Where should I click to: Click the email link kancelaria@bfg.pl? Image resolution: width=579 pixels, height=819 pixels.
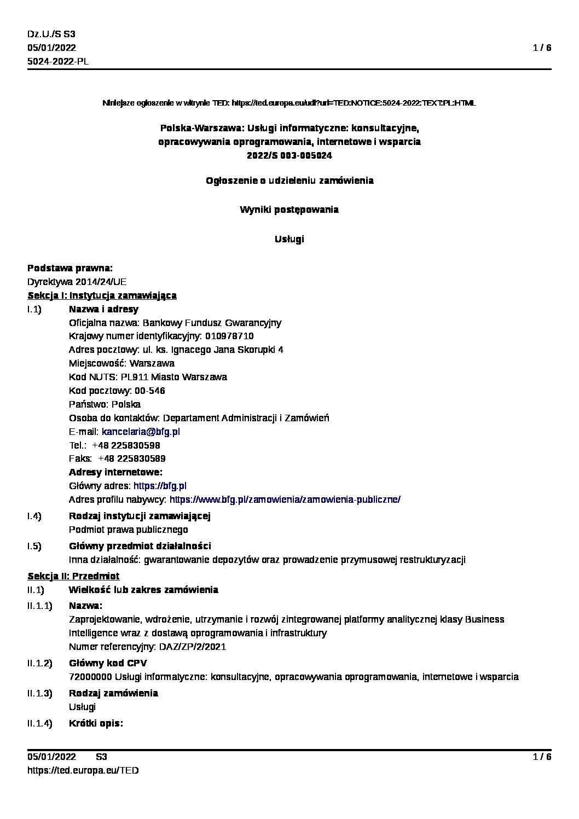coord(141,432)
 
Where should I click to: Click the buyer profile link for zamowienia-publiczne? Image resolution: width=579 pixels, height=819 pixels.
coord(285,499)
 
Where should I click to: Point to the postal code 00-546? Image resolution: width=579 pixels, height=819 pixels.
coord(149,391)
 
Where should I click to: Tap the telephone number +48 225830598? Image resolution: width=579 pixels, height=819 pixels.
coord(126,445)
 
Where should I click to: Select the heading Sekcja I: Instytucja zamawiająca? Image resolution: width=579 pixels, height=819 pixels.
coord(102,295)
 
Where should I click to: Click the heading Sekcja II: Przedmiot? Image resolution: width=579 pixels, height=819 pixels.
coord(73,576)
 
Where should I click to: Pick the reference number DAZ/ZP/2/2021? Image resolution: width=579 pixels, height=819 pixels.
coord(193,647)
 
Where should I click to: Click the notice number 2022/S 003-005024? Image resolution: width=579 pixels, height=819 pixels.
coord(289,155)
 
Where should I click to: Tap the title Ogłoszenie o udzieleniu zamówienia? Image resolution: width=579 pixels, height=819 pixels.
coord(289,181)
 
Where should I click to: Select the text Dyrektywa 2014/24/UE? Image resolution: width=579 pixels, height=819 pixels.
coord(77,282)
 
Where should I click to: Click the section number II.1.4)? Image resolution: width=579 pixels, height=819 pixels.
coord(40,723)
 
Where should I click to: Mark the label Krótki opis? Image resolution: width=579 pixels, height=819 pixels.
coord(96,723)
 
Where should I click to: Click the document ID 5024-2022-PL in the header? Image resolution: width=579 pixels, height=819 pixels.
coord(58,61)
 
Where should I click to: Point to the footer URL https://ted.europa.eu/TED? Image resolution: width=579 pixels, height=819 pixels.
coord(83,770)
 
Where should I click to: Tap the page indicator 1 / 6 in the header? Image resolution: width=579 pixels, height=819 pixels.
coord(542,48)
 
